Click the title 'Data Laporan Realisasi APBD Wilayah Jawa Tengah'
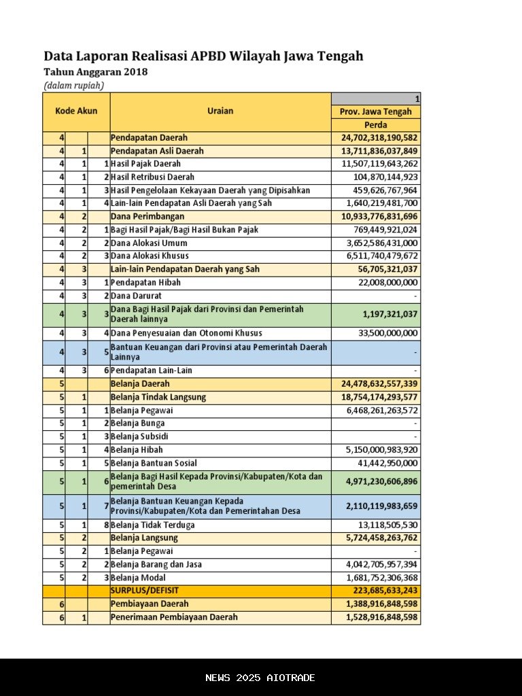coord(203,56)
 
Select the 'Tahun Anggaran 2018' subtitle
coord(95,72)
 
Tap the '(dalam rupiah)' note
coord(73,86)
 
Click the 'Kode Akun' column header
coord(76,111)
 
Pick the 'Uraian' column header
coord(220,111)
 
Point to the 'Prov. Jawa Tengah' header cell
coord(376,111)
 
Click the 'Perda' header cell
coord(376,125)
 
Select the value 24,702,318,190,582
coord(379,138)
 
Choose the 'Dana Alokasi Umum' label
coord(149,243)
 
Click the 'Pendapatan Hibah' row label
coord(145,283)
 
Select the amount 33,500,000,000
coord(388,334)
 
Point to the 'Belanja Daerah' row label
coord(140,384)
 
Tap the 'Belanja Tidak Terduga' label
coord(152,525)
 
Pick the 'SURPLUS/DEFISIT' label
coord(145,591)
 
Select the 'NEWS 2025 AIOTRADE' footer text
coord(260,678)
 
